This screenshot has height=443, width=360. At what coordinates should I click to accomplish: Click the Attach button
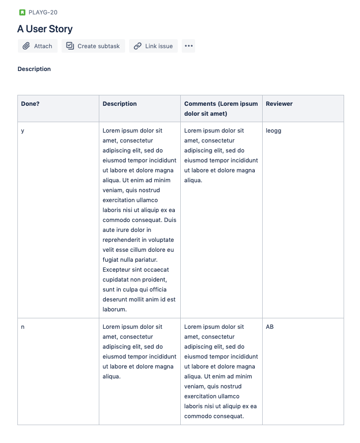38,46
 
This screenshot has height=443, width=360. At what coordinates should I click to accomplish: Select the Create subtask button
93,46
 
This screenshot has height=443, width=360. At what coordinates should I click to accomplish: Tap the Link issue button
153,46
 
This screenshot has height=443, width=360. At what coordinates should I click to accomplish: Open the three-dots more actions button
188,46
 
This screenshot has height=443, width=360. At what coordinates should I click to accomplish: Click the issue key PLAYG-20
43,12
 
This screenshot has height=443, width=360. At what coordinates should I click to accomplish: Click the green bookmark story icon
22,12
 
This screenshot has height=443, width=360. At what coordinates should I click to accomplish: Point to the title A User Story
45,29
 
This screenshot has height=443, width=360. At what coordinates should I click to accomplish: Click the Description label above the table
34,69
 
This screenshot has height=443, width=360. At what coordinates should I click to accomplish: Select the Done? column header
30,104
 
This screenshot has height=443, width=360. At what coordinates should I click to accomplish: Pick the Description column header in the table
120,104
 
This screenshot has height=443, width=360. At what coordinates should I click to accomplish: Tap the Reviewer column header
279,104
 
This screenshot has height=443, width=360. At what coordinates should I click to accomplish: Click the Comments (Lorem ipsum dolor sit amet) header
221,109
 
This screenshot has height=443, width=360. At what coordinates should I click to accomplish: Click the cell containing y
23,131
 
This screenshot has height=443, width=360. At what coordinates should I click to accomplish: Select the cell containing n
23,327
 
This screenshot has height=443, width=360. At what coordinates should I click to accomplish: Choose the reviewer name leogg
274,131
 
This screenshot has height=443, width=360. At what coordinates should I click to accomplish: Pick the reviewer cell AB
270,327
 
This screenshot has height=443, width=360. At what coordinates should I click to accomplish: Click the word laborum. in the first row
115,309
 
